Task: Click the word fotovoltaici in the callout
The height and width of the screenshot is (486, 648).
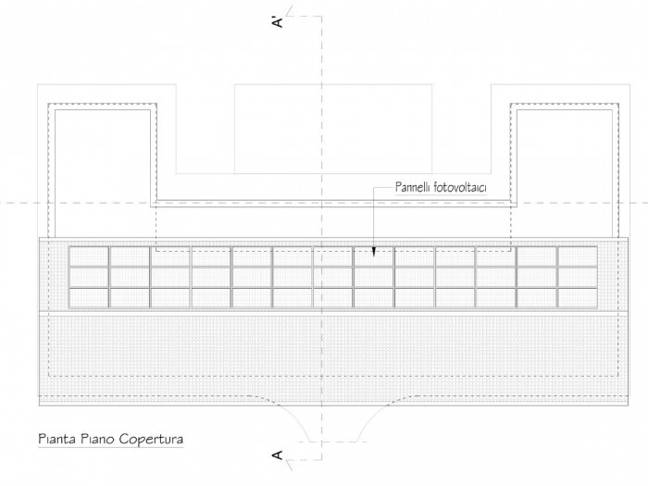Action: coord(459,187)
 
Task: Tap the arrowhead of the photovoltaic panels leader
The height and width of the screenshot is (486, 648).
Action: coord(374,252)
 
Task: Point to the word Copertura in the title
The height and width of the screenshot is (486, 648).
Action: coord(151,439)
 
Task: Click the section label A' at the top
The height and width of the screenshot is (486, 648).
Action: coord(278,22)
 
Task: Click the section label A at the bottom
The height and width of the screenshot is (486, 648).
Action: coord(278,455)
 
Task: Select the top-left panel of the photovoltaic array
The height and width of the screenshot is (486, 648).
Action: coord(89,256)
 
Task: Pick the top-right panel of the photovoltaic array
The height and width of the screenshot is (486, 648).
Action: coord(578,256)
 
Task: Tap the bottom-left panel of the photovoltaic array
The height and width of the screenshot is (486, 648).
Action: coord(89,297)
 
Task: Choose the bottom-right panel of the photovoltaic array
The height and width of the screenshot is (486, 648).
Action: coord(578,297)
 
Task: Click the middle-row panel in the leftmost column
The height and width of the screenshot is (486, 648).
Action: coord(89,277)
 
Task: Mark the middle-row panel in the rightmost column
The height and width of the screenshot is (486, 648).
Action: coord(578,277)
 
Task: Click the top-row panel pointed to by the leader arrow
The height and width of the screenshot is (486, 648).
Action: coord(374,256)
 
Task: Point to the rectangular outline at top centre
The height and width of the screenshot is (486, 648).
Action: coord(333,85)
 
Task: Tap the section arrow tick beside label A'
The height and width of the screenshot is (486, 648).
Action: coord(289,11)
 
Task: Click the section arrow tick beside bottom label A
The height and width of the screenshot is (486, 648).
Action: coord(289,466)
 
